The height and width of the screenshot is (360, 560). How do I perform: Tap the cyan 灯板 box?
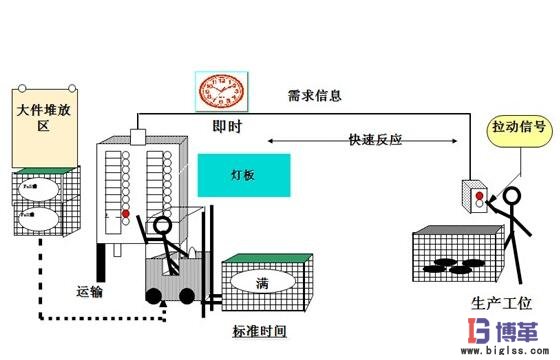[244, 174]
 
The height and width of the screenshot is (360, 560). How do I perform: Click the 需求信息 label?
[315, 97]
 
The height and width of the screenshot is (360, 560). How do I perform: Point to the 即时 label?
[227, 128]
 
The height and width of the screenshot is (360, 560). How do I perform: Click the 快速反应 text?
[347, 141]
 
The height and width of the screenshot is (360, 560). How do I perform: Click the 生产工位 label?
[498, 303]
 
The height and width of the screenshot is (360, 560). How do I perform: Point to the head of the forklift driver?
[162, 225]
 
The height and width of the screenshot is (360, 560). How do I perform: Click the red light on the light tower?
[125, 213]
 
